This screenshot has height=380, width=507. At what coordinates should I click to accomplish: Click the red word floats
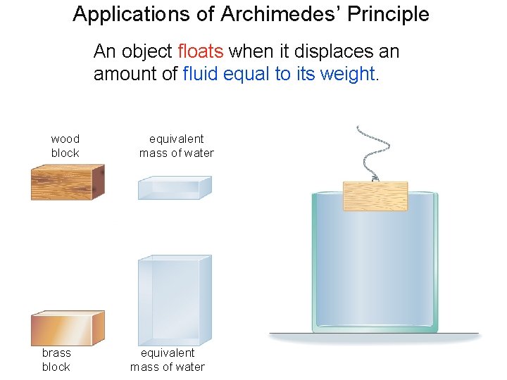pos(201,51)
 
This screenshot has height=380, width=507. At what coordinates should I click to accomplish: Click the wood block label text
pos(65,146)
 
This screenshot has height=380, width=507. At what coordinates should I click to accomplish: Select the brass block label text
pos(56,360)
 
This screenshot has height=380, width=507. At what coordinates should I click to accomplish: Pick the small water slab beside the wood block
pos(174,188)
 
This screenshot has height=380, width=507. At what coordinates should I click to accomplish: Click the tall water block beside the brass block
pos(175,298)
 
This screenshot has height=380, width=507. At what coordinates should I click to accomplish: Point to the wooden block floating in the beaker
pos(375,196)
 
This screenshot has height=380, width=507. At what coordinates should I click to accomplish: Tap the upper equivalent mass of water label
pos(176,146)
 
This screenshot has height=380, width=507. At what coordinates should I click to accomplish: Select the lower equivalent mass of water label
pos(168,360)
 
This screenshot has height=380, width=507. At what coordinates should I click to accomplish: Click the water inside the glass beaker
pos(373,267)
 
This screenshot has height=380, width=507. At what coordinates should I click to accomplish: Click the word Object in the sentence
pos(146,51)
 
